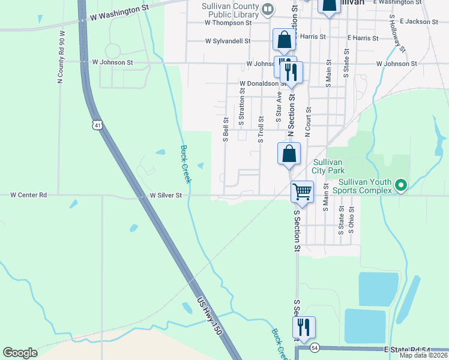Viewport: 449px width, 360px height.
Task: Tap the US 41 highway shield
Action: [98, 125]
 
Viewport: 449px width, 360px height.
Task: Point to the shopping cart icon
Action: [302, 192]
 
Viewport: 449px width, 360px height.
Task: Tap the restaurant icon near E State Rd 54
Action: [304, 328]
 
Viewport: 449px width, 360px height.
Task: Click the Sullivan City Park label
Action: [327, 166]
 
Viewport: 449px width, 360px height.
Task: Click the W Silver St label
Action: [170, 195]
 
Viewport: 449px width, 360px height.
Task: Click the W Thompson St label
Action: [228, 23]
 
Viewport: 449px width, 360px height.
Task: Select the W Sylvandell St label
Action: [228, 41]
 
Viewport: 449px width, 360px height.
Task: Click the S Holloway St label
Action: [397, 32]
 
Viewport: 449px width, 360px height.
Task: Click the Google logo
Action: [20, 353]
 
